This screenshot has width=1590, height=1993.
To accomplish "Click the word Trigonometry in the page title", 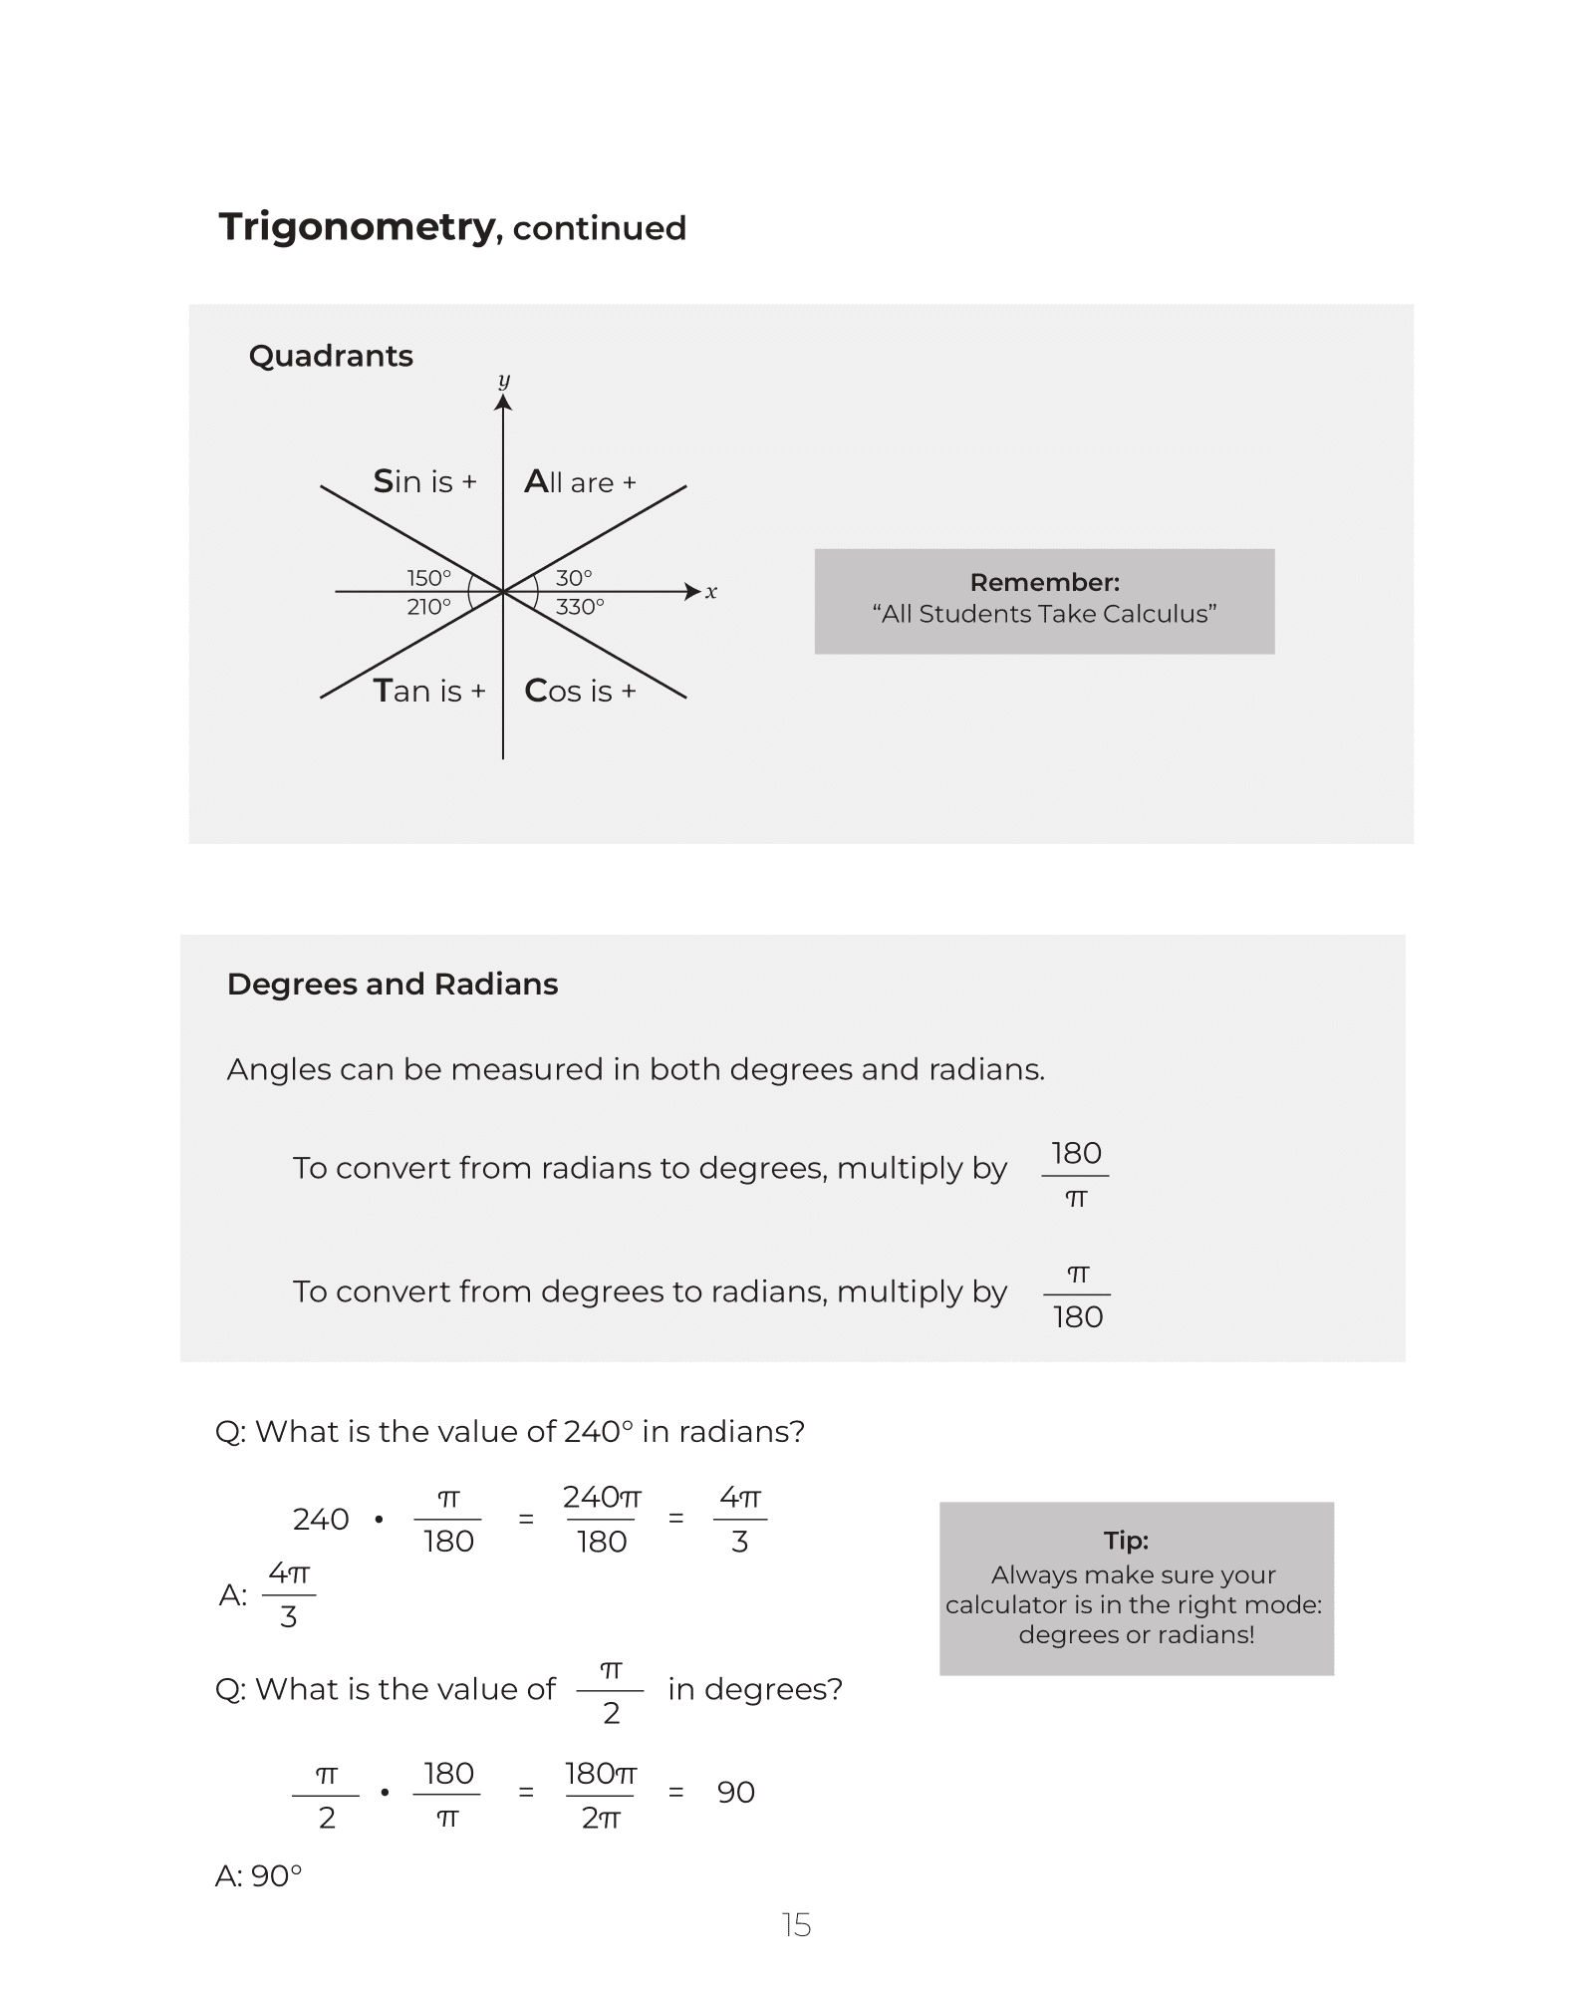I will coord(357,228).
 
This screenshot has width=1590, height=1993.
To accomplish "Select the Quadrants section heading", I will coord(331,356).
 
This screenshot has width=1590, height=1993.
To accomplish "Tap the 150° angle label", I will coord(429,578).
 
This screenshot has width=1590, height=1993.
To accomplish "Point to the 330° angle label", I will coord(580,607).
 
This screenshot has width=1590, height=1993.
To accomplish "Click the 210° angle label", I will coord(429,607).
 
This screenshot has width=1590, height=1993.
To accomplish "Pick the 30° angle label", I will coord(574,578).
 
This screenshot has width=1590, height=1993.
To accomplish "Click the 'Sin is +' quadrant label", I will coord(425,482).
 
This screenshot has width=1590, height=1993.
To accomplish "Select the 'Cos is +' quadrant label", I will coord(580,691).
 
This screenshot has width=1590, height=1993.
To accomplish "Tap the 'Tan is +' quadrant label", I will coord(429,691).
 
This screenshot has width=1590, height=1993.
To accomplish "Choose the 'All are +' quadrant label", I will coord(580,482).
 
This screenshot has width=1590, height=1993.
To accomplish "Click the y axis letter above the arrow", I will coord(503,381).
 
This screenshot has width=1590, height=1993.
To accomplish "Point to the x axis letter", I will coord(711,592).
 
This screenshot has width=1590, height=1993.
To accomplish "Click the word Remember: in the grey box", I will coord(1044,583).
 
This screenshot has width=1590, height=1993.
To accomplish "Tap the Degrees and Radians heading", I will coord(393,985).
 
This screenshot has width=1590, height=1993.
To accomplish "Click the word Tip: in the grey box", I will coord(1126,1541).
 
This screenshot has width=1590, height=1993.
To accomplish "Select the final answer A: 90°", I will coord(259,1876).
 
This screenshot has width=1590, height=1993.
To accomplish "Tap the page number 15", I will coord(796,1925).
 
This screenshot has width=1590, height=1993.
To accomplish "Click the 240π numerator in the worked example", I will coord(602,1498).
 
